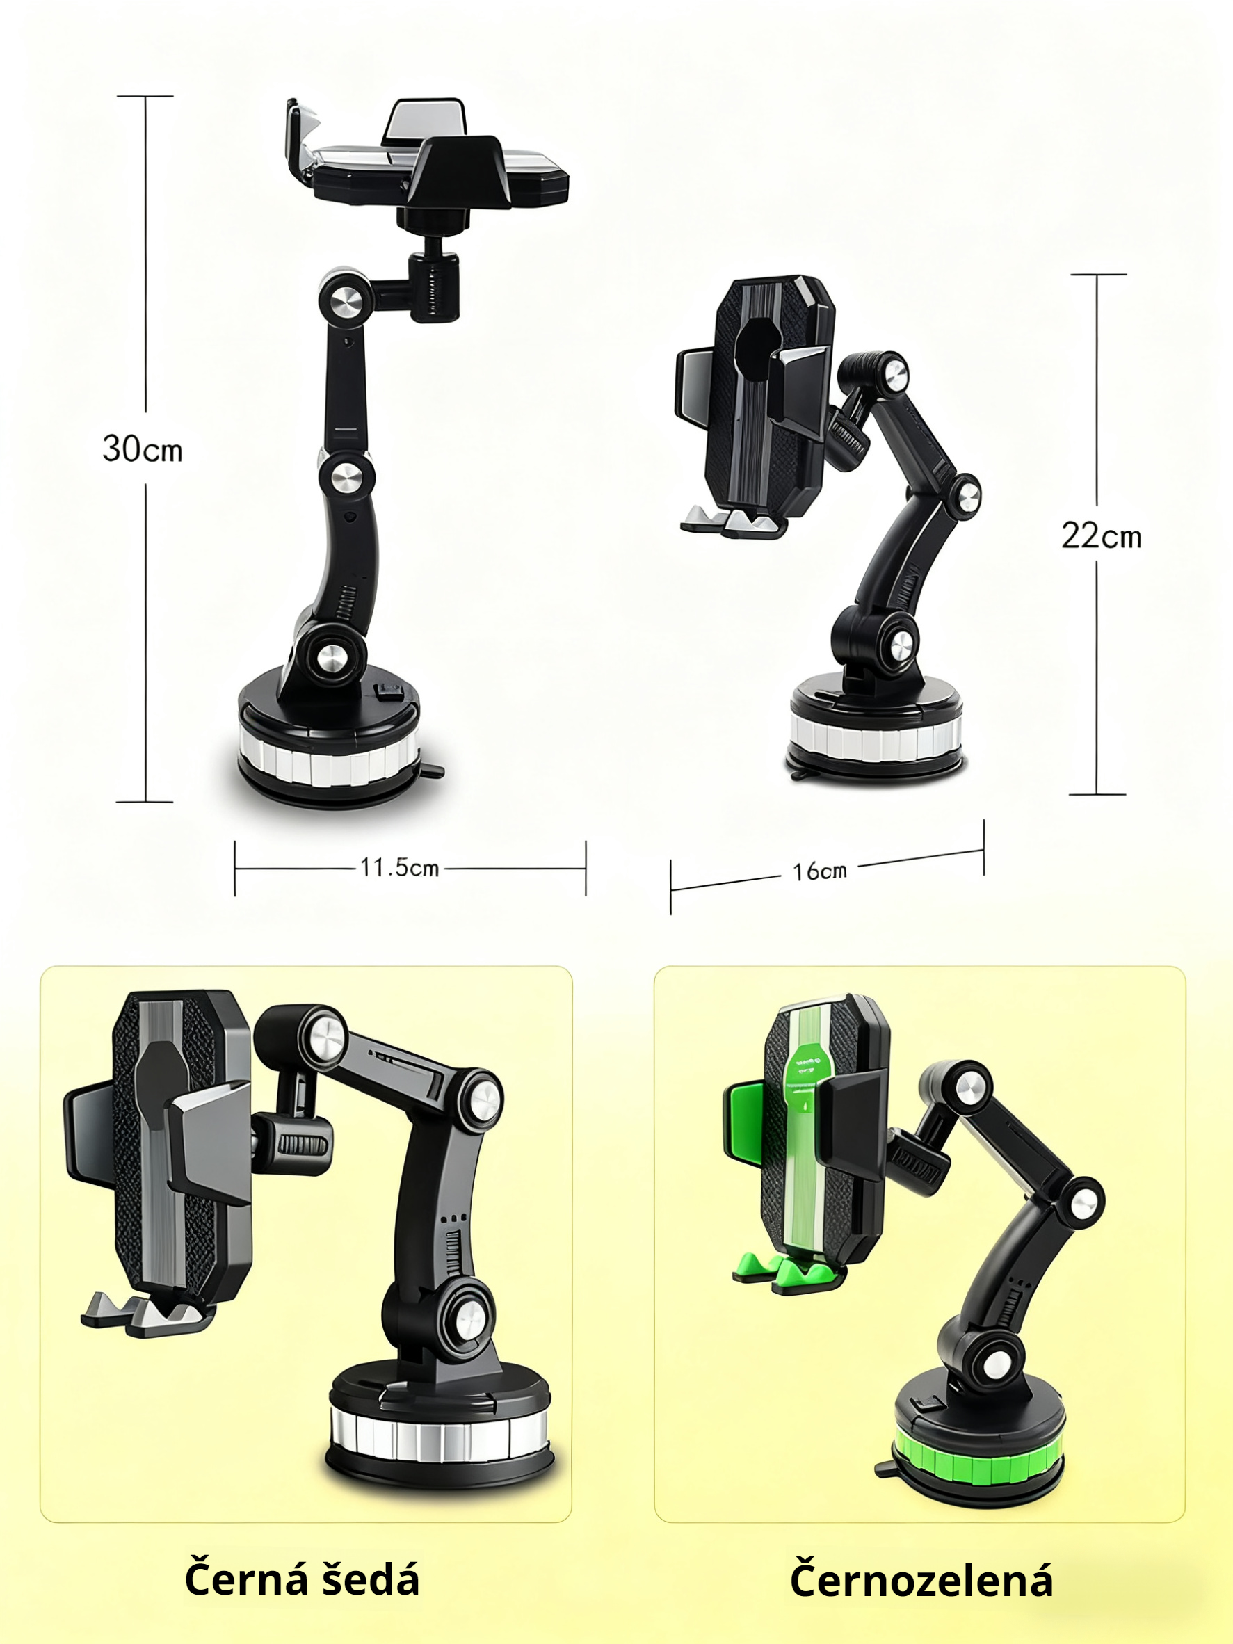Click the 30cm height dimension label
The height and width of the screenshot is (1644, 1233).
[x=142, y=449]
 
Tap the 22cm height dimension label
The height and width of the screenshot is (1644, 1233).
[x=1101, y=535]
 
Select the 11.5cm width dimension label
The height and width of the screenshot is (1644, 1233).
[x=400, y=867]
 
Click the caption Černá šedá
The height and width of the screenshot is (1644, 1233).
[x=302, y=1579]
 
